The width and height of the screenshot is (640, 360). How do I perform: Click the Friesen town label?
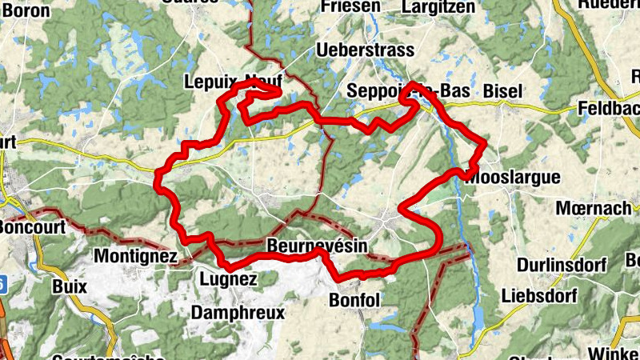tap(350, 7)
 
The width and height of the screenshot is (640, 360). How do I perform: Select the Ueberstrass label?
tap(366, 50)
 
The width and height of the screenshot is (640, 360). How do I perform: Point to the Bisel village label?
tap(502, 91)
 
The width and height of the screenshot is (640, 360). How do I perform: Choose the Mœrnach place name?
tap(594, 209)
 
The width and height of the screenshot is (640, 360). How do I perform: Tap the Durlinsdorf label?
tap(562, 265)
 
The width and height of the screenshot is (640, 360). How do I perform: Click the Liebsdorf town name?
tap(542, 295)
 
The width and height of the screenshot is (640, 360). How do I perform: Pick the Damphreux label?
tap(238, 313)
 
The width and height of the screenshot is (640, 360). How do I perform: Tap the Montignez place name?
tap(135, 257)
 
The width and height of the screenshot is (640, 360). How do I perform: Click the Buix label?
tap(68, 284)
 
